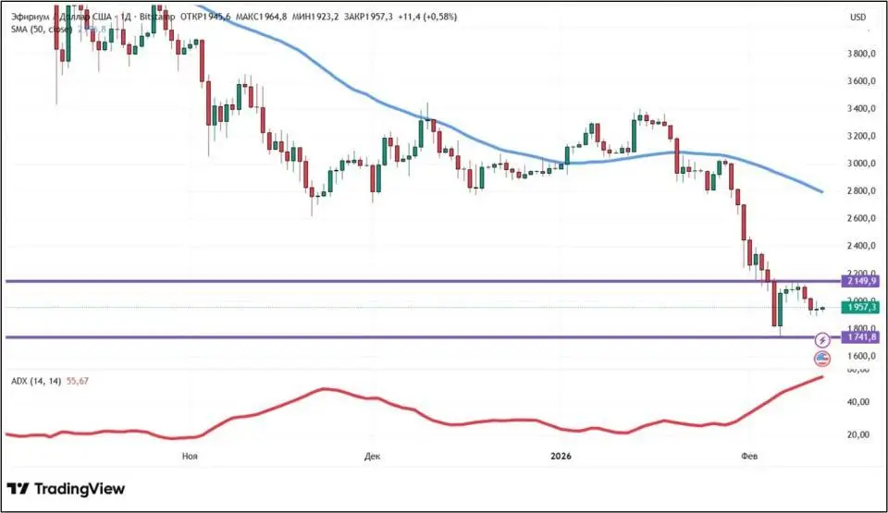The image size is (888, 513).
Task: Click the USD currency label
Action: pyautogui.click(x=858, y=17)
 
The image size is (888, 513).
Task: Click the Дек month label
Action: pyautogui.click(x=373, y=456)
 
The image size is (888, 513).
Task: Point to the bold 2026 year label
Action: pyautogui.click(x=561, y=456)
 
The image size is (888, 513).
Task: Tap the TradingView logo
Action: pyautogui.click(x=66, y=489)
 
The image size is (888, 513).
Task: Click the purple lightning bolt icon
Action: pyautogui.click(x=821, y=341)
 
